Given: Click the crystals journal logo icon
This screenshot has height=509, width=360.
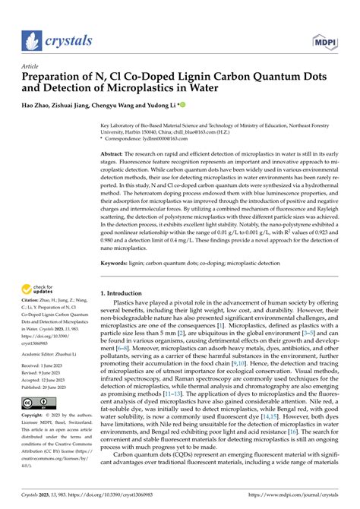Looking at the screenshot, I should [30, 40].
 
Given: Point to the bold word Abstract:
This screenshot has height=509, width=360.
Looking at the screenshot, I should [114, 153].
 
